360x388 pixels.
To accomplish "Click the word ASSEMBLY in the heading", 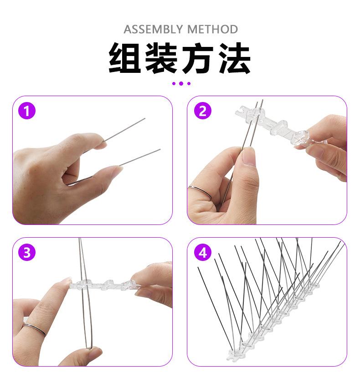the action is pyautogui.click(x=153, y=30).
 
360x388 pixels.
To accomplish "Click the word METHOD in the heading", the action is pyautogui.click(x=213, y=30).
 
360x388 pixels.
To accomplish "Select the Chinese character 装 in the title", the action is pyautogui.click(x=162, y=58).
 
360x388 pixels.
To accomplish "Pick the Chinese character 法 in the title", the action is pyautogui.click(x=235, y=58).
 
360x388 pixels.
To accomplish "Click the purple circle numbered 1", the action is pyautogui.click(x=27, y=111).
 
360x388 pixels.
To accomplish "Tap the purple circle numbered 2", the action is pyautogui.click(x=202, y=111).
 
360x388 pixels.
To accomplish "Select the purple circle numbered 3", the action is pyautogui.click(x=27, y=252).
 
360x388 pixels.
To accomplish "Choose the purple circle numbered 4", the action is pyautogui.click(x=202, y=252).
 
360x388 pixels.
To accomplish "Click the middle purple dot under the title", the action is pyautogui.click(x=181, y=83).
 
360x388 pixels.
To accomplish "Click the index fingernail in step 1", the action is pyautogui.click(x=101, y=145).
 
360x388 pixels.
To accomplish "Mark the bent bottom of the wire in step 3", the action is pyautogui.click(x=89, y=347).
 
